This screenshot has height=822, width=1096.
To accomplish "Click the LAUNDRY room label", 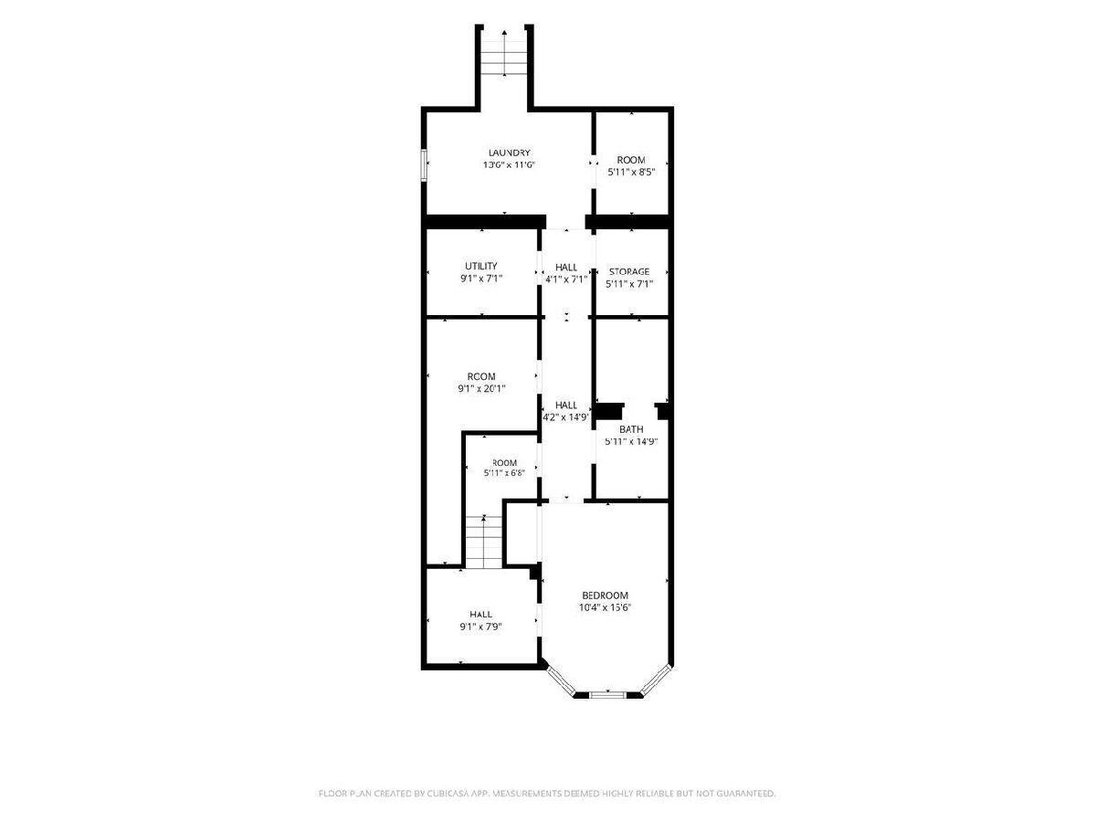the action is coord(509,153).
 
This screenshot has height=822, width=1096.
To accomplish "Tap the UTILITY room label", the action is coord(480,266).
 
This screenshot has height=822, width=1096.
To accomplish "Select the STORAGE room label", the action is coord(629,271).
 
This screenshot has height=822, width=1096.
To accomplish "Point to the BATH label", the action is coord(631,429).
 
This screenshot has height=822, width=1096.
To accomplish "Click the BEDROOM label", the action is coord(606,595).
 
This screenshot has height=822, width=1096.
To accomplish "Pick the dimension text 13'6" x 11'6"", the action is coord(509,164).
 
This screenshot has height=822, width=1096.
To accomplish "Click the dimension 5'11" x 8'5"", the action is coord(631,173).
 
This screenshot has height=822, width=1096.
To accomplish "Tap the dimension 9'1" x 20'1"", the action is coord(481,388).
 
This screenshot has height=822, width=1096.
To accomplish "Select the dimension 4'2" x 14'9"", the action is coord(566,417).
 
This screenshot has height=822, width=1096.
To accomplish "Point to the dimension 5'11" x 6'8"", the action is coord(504,472).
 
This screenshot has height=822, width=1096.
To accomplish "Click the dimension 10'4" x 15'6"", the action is coord(606,607).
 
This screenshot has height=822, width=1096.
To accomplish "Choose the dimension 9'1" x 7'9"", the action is coord(480,627).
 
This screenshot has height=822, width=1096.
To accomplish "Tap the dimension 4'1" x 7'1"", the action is coord(566,279).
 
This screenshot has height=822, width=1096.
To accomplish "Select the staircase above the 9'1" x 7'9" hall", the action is coord(483,542).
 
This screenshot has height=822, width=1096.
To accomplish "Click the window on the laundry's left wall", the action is coord(424,164).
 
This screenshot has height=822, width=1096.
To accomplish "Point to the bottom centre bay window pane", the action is coord(607,694).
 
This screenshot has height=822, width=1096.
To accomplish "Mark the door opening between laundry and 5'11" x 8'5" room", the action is coord(593,163).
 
